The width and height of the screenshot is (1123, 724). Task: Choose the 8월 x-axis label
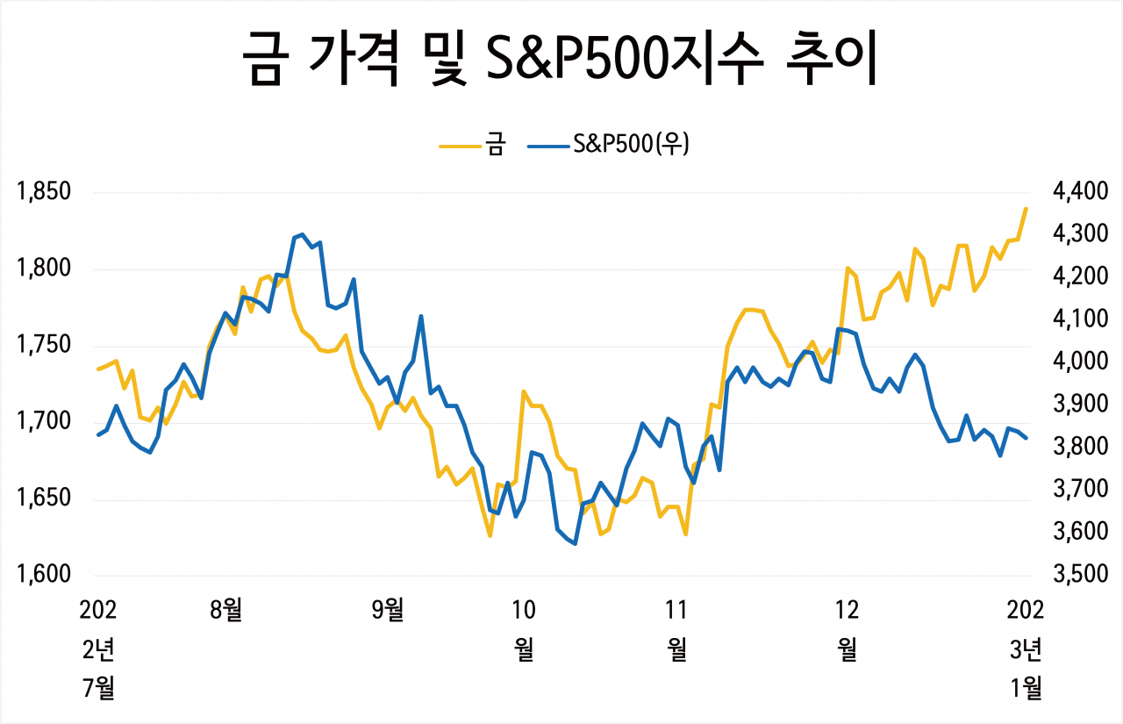226,608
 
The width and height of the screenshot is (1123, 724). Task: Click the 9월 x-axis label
388,608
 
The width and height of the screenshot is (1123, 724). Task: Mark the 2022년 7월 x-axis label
98,649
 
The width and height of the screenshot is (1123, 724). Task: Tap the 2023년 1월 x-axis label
1026,649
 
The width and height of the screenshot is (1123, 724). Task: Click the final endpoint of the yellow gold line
1026,209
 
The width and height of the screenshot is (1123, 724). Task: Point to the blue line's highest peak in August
302,234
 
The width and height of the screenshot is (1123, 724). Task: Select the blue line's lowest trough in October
575,544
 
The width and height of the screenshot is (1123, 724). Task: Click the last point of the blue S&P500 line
1026,438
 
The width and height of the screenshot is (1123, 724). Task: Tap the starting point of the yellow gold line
98,369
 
